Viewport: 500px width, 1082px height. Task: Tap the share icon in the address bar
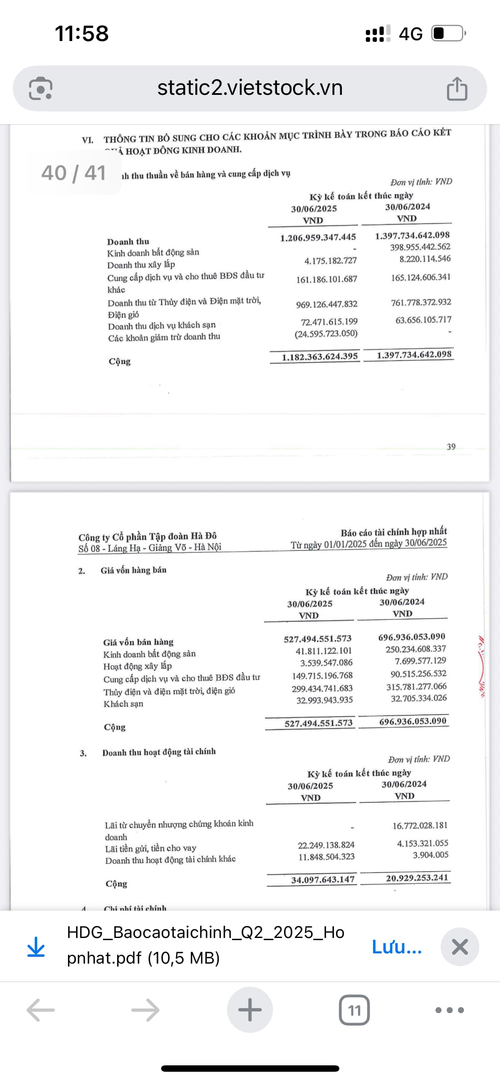[457, 89]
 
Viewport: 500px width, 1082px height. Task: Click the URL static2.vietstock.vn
[250, 88]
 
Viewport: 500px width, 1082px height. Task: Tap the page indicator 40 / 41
[74, 173]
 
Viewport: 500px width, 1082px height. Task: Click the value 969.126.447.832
[326, 304]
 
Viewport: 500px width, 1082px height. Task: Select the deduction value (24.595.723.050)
[326, 333]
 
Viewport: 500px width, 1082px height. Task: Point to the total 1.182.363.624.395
[319, 357]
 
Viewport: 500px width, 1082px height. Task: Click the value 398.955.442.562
[420, 247]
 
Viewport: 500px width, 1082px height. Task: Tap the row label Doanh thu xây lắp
[141, 265]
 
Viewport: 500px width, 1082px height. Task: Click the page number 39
[451, 447]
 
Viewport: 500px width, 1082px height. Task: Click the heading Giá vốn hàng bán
[133, 570]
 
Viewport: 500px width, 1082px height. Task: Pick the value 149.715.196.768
[322, 676]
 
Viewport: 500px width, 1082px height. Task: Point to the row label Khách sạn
[123, 704]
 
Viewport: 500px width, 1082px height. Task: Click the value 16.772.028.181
[420, 826]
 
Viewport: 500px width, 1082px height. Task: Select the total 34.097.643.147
[323, 879]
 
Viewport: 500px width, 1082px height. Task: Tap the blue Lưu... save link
[397, 947]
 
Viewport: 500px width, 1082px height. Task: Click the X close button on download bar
[459, 947]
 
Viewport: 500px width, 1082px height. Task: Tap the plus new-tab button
[250, 1010]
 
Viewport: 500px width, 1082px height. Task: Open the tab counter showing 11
[354, 1010]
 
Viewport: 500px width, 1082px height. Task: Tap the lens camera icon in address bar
[41, 89]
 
